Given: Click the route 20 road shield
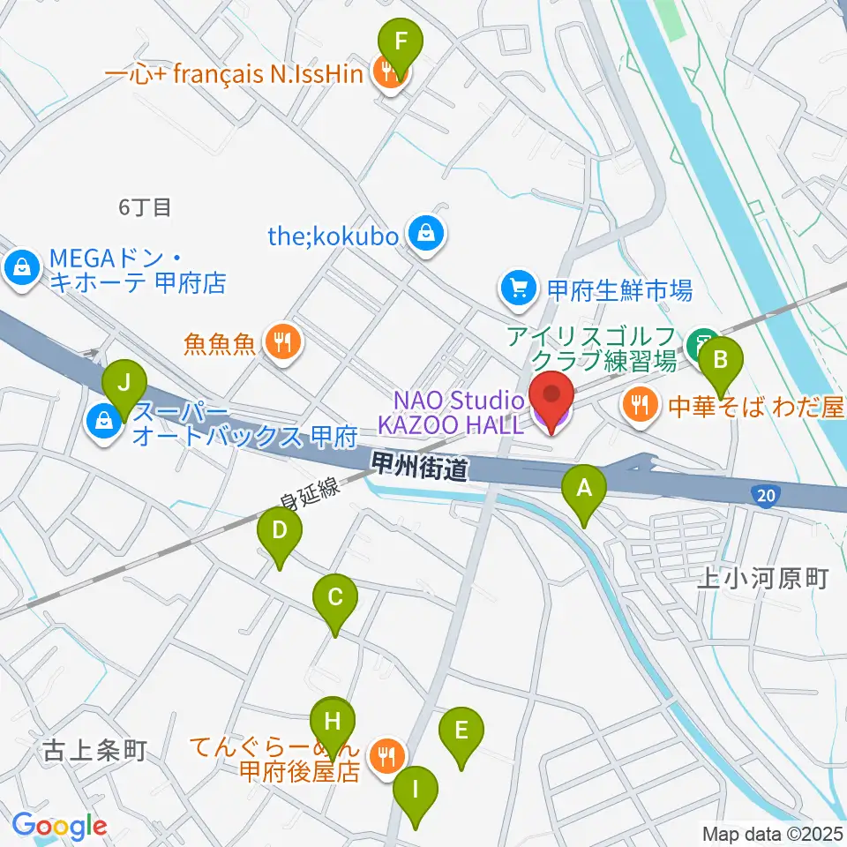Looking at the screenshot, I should tap(766, 496).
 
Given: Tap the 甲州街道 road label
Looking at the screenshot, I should tap(418, 469).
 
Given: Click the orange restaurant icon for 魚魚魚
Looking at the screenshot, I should tap(283, 342).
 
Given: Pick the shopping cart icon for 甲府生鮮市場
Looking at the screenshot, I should tap(515, 289).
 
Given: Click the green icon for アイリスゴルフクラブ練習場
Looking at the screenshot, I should tap(704, 338).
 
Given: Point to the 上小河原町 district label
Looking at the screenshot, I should tap(762, 579).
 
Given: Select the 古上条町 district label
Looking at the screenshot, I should tap(94, 751).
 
